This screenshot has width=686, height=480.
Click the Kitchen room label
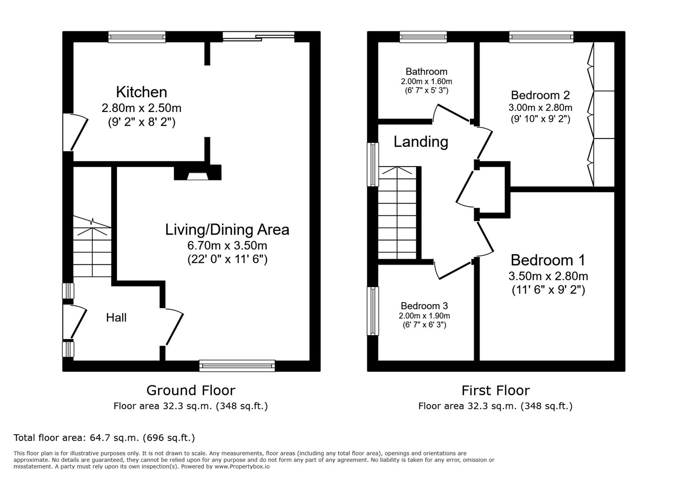(141, 92)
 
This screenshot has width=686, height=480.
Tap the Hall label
(116, 318)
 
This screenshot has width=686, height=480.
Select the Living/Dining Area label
(227, 230)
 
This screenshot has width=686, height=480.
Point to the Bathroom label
(426, 72)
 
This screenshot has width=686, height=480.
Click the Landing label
(421, 142)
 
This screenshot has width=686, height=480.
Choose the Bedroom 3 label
(424, 306)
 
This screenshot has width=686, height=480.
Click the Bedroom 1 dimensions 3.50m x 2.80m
(548, 276)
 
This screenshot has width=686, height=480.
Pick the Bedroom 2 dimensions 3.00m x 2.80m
(540, 108)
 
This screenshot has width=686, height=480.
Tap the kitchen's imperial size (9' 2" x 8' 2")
(141, 122)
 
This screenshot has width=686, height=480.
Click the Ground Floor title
(191, 391)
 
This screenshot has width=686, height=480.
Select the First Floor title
(495, 391)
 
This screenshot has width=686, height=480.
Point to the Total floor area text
(104, 438)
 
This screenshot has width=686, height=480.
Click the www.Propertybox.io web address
(242, 467)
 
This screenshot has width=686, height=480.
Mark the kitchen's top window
(137, 37)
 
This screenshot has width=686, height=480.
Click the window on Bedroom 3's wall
(373, 311)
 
